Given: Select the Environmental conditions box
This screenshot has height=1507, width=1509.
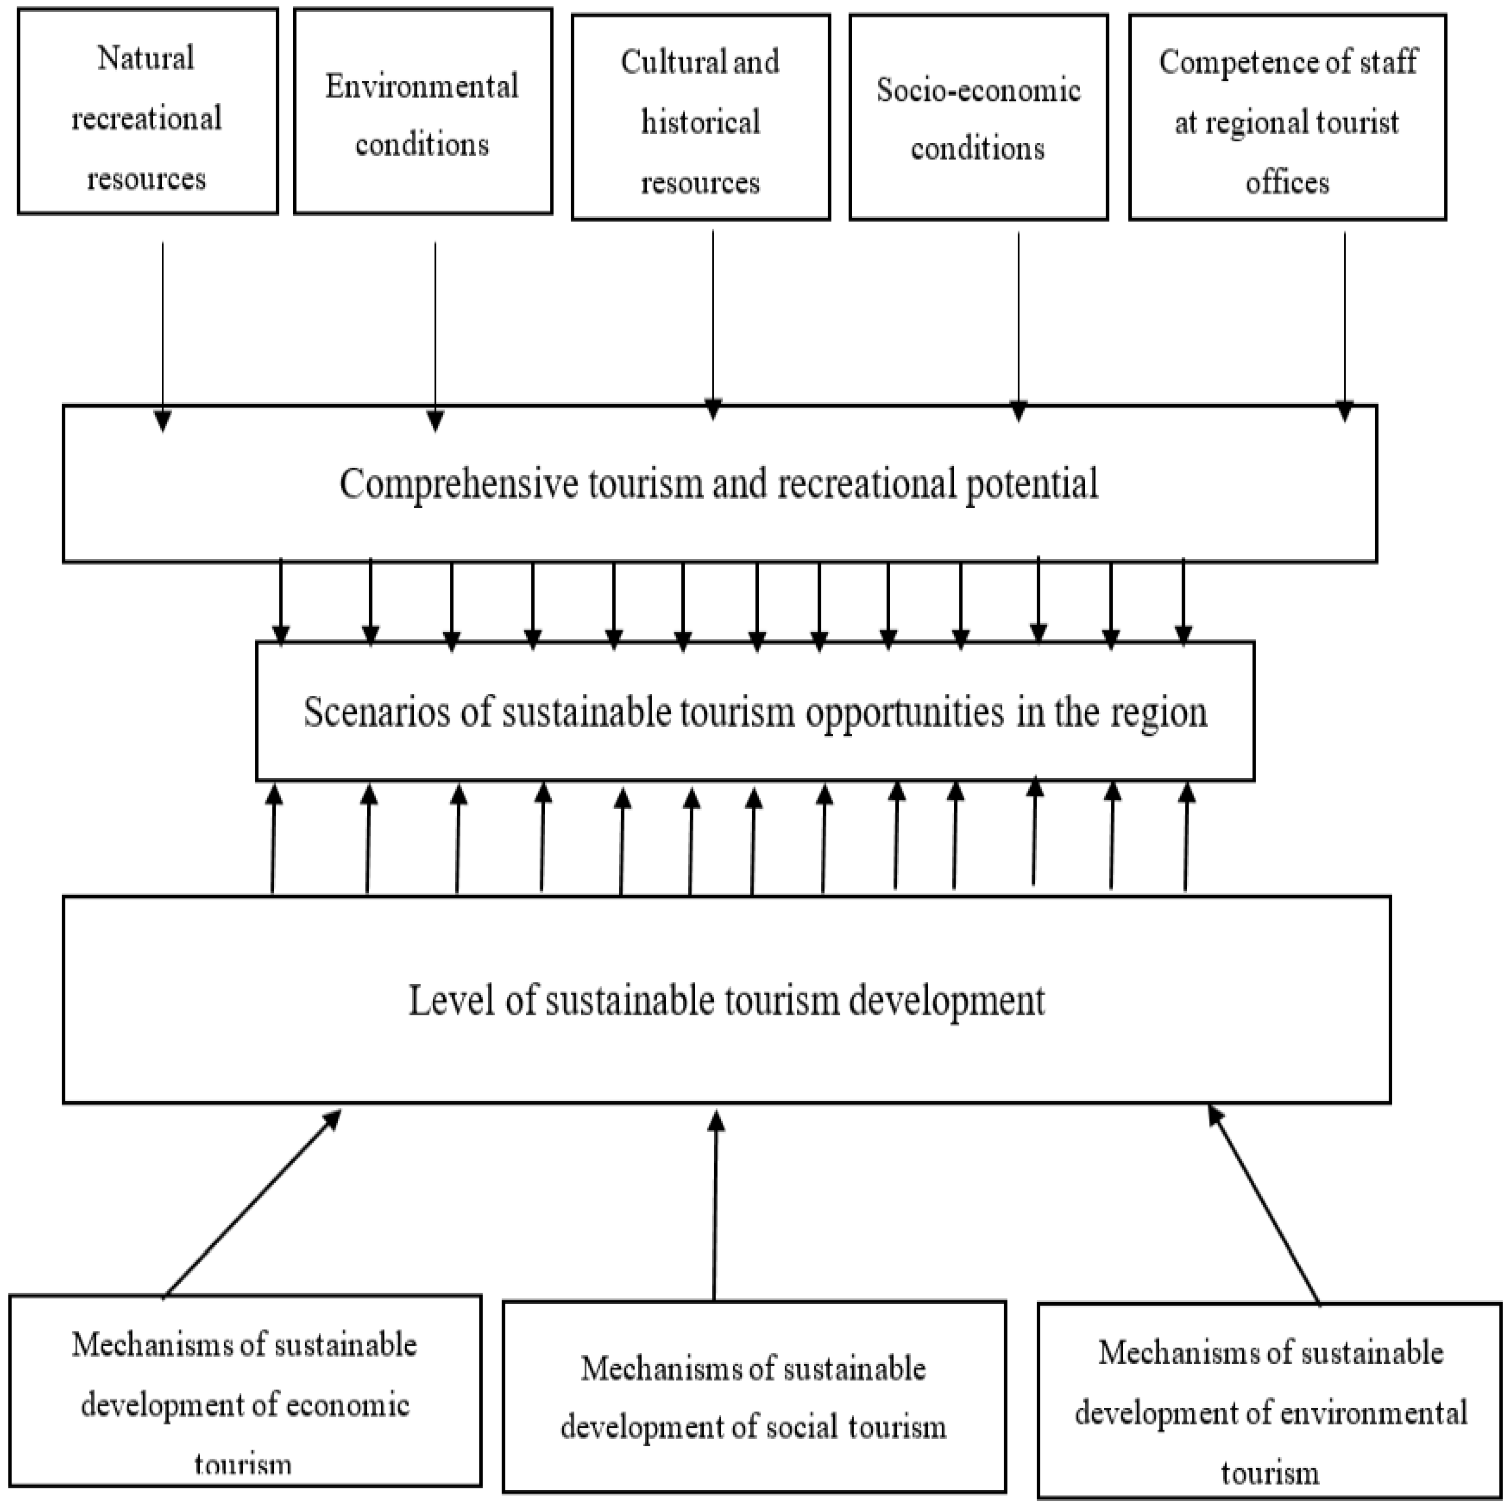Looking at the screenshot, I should [422, 111].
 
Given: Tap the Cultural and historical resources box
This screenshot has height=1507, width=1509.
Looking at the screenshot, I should [700, 117].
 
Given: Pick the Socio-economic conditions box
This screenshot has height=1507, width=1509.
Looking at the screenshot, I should [978, 117].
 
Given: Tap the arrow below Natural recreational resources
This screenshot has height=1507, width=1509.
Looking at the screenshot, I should [162, 336].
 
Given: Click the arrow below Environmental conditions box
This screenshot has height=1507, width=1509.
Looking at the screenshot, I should [435, 336].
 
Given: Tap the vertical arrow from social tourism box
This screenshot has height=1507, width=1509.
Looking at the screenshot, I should [716, 1206].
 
